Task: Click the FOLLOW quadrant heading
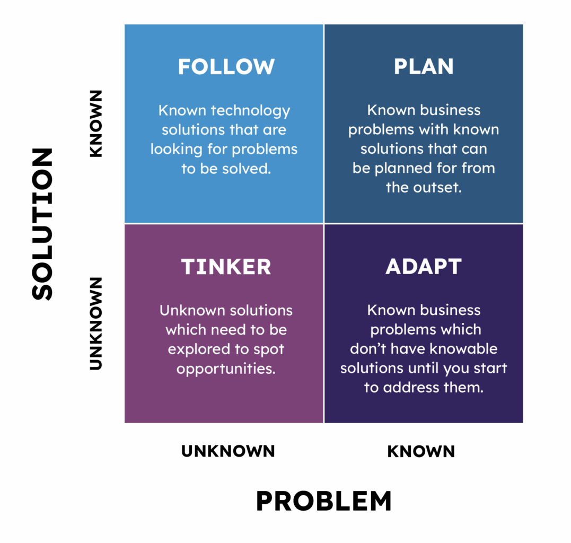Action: coord(226,67)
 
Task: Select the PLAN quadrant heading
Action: coord(424,67)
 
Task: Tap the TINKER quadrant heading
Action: coord(226,267)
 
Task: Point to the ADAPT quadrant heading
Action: coord(424,267)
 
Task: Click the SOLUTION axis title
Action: coord(42,224)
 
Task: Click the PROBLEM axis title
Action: coord(324,501)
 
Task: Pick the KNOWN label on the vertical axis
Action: coord(96,124)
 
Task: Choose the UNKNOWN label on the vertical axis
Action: coord(96,323)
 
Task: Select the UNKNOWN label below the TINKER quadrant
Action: coord(228,451)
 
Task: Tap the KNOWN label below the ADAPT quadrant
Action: coord(421,451)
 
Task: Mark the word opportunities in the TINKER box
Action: coord(226,369)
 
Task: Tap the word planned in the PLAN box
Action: coord(403,169)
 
